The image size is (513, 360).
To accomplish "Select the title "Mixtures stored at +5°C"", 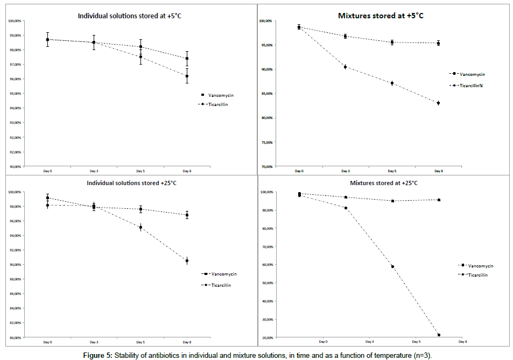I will coord(381,15).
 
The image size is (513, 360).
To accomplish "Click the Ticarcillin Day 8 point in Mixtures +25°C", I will coord(439,335).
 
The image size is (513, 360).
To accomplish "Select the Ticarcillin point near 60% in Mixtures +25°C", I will coord(392,266).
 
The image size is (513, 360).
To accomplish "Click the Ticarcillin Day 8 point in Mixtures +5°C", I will coord(439,103).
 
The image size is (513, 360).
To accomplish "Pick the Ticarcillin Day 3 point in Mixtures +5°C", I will coord(345,67).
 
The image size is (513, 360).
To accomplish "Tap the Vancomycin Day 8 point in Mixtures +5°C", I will coord(439,43).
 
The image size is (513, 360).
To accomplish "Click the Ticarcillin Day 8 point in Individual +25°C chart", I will coord(187,260).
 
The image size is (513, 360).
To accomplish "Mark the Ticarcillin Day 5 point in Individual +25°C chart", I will coord(140,228).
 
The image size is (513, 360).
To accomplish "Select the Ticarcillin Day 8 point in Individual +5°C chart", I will coord(187,76).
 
